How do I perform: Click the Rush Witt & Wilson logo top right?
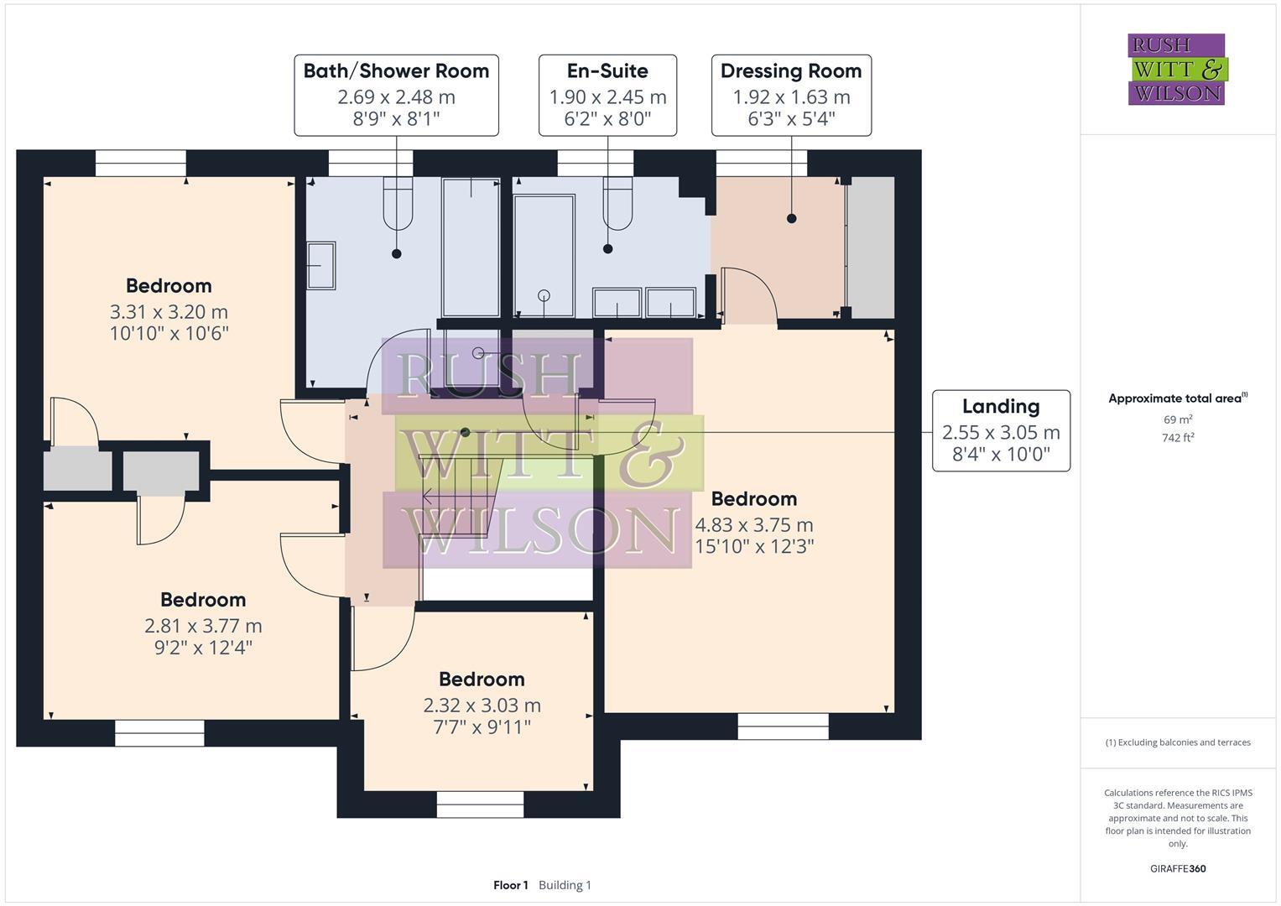[1176, 69]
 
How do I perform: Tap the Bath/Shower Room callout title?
[396, 71]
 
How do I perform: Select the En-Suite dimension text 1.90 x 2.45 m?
[607, 97]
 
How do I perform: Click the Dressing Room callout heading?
[791, 71]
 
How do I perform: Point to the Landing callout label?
[1001, 407]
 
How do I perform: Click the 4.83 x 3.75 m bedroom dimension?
[753, 525]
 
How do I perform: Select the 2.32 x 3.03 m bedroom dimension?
[482, 706]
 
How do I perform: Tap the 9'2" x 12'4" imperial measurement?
[203, 648]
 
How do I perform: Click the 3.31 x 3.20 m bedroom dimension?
[169, 312]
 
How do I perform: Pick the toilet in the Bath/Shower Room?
[398, 203]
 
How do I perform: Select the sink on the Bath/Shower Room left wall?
[320, 266]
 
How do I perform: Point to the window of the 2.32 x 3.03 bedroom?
[480, 804]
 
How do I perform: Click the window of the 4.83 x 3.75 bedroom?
[783, 726]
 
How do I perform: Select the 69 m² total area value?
[1178, 419]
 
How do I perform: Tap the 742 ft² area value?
[1178, 438]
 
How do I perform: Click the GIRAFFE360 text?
[1178, 869]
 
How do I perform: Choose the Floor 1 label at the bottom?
[510, 885]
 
